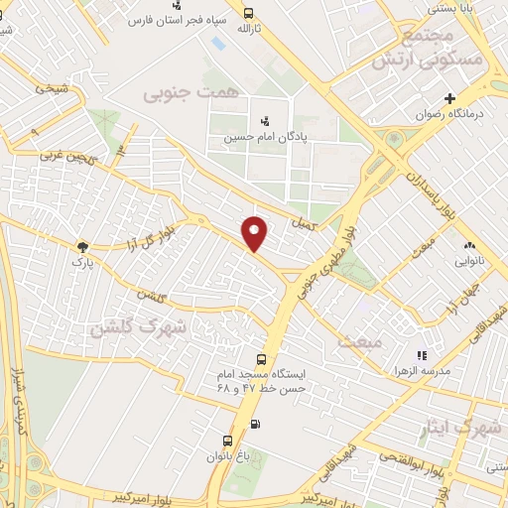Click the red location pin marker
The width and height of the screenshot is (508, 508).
pos(255,232)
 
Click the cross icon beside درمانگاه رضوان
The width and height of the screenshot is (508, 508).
pos(450,98)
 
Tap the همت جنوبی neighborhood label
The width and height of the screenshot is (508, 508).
pos(192,92)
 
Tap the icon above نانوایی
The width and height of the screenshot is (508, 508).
pos(468,245)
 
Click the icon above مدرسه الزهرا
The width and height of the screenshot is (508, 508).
pos(422,354)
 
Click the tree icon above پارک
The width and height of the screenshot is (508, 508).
pos(82,246)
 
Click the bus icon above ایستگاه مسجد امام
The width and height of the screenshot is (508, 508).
pos(261,359)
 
